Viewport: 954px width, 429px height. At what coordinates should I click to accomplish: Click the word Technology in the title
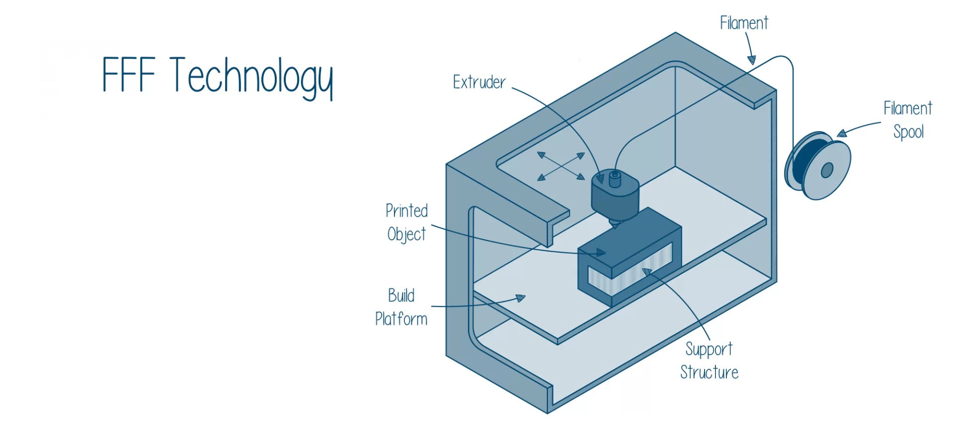pyautogui.click(x=251, y=77)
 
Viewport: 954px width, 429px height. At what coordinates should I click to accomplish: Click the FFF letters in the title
pyautogui.click(x=129, y=74)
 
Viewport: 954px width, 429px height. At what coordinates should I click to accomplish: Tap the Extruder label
pyautogui.click(x=479, y=82)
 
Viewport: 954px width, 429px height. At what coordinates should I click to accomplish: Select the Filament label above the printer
pyautogui.click(x=744, y=23)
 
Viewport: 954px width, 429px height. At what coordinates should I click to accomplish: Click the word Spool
pyautogui.click(x=908, y=132)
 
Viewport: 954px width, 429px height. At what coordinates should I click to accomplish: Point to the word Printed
pyautogui.click(x=406, y=211)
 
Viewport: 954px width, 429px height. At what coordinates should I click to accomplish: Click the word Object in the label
pyautogui.click(x=406, y=234)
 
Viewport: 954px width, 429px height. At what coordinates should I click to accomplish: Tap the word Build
pyautogui.click(x=401, y=296)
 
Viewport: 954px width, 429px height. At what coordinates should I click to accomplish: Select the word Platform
pyautogui.click(x=401, y=319)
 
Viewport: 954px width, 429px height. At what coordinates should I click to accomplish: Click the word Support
pyautogui.click(x=709, y=349)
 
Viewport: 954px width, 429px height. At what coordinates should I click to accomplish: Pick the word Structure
pyautogui.click(x=709, y=372)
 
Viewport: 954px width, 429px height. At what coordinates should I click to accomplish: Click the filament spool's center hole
pyautogui.click(x=827, y=170)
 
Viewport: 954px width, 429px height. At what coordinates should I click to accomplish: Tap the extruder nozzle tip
pyautogui.click(x=615, y=226)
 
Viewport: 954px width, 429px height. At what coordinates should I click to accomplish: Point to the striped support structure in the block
pyautogui.click(x=630, y=273)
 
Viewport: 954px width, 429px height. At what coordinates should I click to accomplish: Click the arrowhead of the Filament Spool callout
pyautogui.click(x=842, y=133)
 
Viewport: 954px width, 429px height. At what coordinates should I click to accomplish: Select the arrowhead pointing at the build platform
pyautogui.click(x=520, y=298)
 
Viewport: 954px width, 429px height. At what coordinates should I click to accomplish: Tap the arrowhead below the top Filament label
pyautogui.click(x=752, y=60)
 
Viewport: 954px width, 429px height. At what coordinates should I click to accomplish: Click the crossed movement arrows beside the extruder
pyautogui.click(x=561, y=166)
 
